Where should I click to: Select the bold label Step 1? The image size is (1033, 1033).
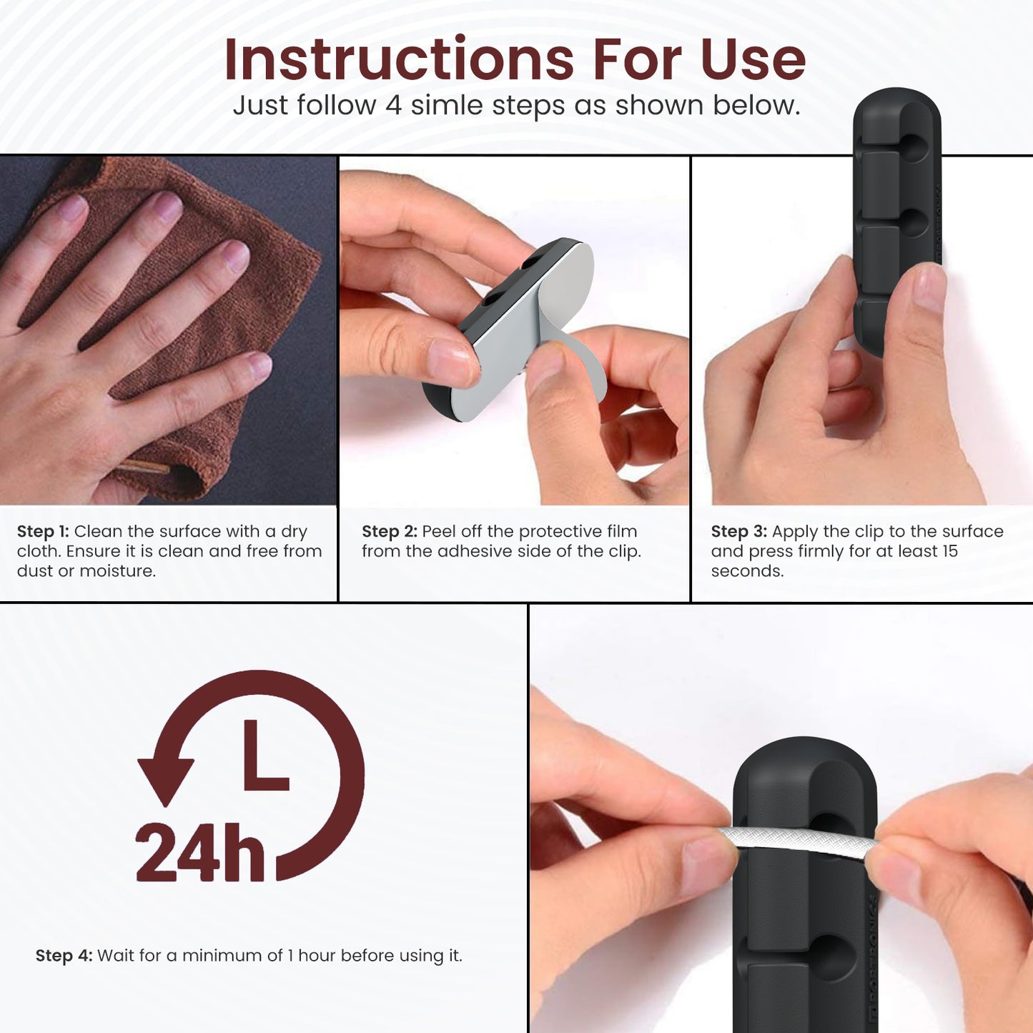43,531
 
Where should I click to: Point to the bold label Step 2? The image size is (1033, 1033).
389,531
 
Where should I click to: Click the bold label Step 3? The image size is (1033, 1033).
738,531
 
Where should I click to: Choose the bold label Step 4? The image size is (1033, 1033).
64,955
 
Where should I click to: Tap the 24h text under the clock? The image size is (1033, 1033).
200,852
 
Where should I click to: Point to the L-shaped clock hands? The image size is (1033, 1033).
266,756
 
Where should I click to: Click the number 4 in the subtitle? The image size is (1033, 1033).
393,105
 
